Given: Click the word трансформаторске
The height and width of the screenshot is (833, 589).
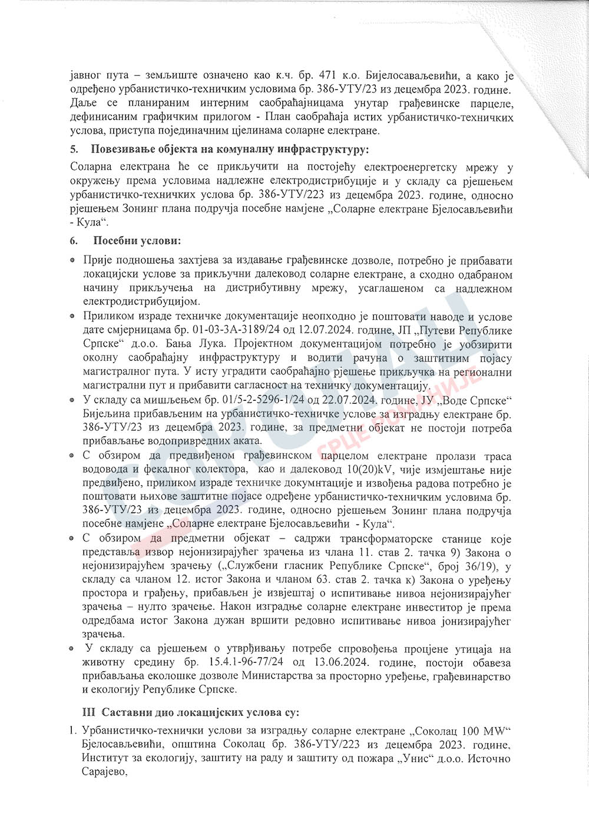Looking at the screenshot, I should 401,539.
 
